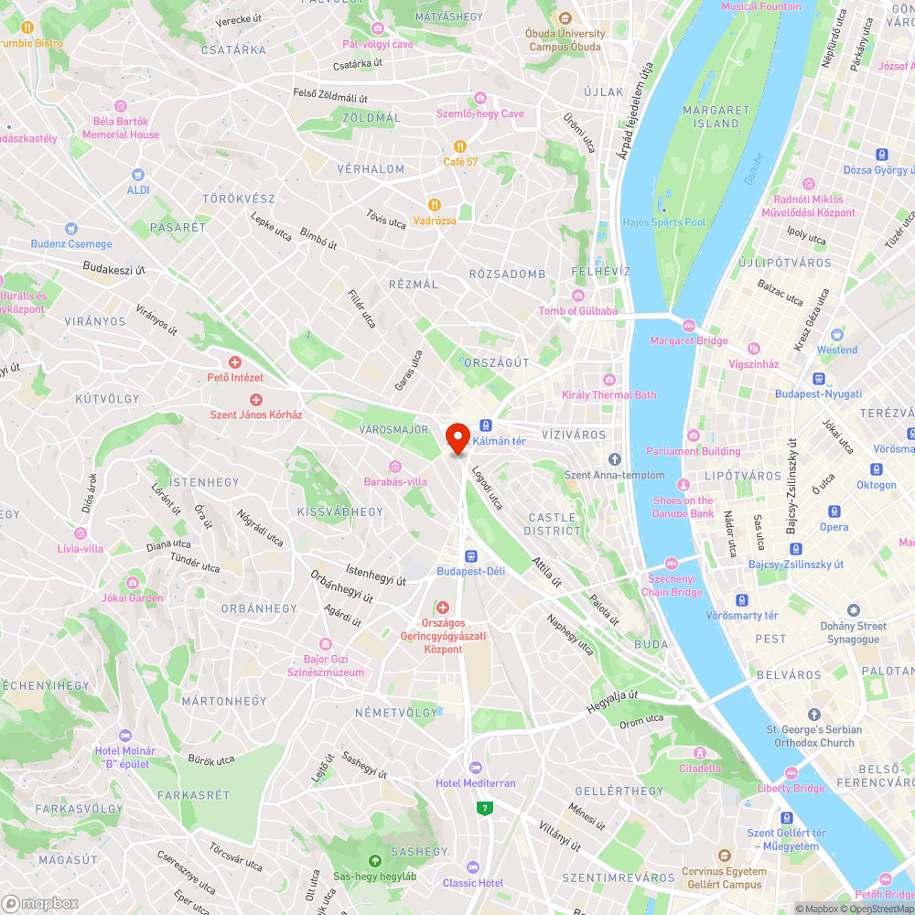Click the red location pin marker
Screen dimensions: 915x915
(x=457, y=436)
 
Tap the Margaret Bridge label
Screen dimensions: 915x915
(x=688, y=341)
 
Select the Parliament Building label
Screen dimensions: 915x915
(x=693, y=451)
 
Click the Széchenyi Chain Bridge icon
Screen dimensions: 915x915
(x=672, y=563)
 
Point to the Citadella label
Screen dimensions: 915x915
(x=700, y=769)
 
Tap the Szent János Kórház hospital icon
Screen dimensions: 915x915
(x=256, y=399)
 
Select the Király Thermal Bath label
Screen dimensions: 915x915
(x=608, y=395)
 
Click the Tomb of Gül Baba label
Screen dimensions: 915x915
(x=577, y=311)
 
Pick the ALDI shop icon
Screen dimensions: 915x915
(x=138, y=174)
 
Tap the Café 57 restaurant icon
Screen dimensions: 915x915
(x=461, y=145)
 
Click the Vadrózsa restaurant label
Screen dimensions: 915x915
(x=435, y=221)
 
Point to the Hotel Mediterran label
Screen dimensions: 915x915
(x=475, y=783)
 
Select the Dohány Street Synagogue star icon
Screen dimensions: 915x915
(x=854, y=609)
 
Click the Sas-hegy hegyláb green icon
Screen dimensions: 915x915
(x=374, y=860)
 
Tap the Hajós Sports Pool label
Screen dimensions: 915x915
(x=663, y=222)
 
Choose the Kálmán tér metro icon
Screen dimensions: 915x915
(x=486, y=425)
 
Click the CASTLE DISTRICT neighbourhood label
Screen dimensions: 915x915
(x=553, y=524)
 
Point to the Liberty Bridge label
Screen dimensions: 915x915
(x=791, y=788)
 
